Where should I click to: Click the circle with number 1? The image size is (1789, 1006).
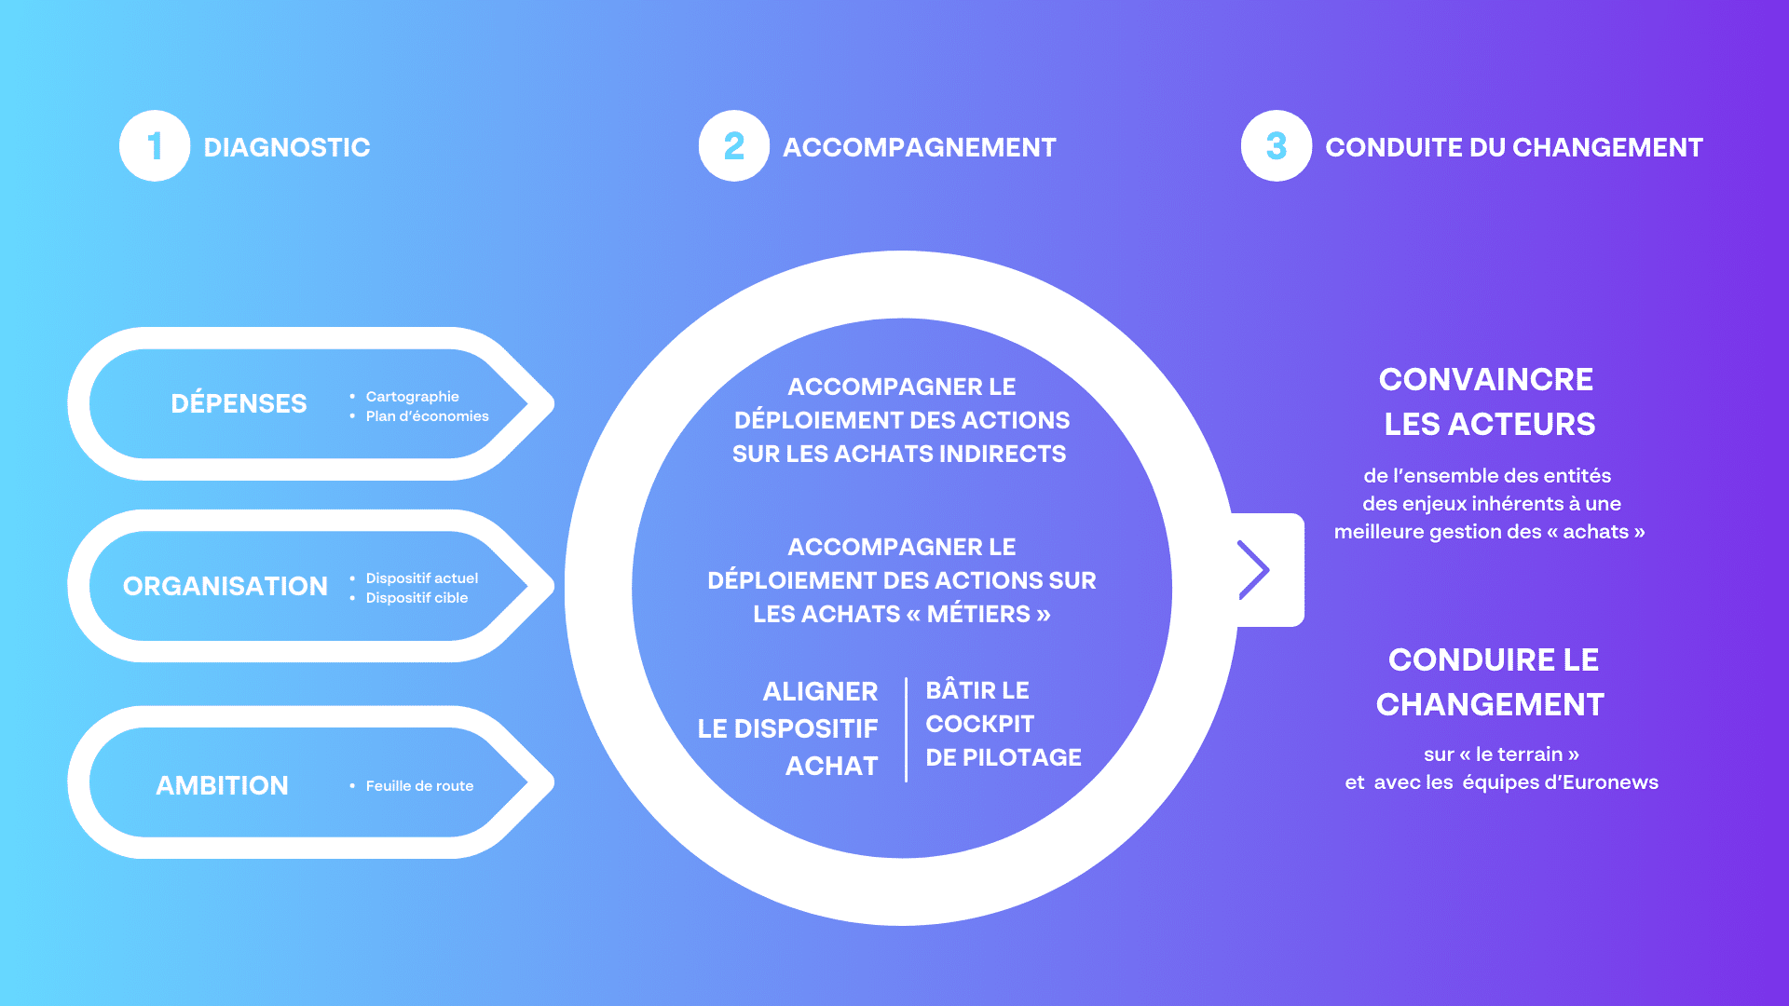coord(155,146)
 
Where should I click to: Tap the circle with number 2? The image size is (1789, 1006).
coord(734,146)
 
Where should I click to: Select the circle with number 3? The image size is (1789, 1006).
coord(1277,146)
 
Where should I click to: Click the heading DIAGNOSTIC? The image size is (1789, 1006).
coord(287,147)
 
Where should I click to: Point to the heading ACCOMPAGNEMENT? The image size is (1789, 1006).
coord(920,147)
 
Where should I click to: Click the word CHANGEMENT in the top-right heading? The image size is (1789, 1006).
coord(1607,147)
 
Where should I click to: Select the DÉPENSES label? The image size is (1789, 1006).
coord(239,403)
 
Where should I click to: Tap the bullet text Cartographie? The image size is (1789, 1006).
coord(413,397)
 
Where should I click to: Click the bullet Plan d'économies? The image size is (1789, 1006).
coord(428,416)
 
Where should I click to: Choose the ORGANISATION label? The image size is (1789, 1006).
coord(225,586)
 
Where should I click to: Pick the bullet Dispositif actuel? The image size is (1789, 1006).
coord(422,578)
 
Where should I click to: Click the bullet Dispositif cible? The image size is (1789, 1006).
coord(417,598)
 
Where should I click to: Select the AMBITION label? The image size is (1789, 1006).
coord(222,785)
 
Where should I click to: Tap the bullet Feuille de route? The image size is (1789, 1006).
coord(420,786)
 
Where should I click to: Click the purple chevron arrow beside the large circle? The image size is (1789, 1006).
coord(1254,569)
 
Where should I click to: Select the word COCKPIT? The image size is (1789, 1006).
coord(980,724)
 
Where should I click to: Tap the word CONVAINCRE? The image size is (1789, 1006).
coord(1486,379)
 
